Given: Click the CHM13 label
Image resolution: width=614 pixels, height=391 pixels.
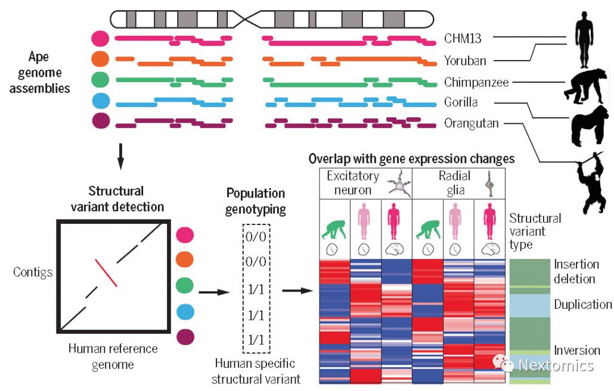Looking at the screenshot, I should point(463,39).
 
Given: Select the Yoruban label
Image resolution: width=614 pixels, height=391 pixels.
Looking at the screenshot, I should point(465,61).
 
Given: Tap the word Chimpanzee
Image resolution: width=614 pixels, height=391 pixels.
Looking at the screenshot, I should point(476,82).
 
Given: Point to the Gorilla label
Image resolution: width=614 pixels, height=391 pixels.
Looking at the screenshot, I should point(461,102).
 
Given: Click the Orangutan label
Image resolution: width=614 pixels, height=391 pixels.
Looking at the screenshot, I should point(472,124).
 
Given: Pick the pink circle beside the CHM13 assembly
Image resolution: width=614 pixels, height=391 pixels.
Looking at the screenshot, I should point(101,39).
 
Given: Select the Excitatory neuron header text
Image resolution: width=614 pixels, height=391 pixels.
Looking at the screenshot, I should point(352,183).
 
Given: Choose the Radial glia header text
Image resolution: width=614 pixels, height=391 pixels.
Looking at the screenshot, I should point(454,183).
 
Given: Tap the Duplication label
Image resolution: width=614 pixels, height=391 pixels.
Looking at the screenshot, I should point(582,305).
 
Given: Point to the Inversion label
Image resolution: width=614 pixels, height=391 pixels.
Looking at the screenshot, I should point(576,351).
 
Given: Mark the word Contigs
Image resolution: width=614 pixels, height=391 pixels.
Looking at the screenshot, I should point(33,273).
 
